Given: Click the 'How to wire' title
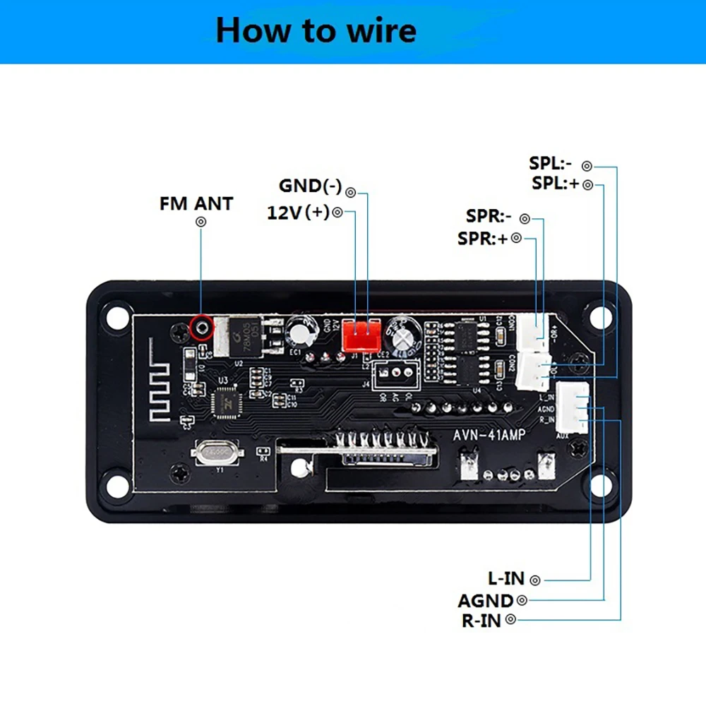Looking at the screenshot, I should tap(316, 31).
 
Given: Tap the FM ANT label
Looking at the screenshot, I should tap(196, 203).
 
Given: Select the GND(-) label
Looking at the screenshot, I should tap(311, 186).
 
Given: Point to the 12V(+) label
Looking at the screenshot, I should tap(298, 213).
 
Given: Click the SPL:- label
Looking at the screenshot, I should tap(551, 163).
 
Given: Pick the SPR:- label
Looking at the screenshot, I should tap(489, 216).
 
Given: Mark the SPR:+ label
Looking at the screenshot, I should tap(483, 239).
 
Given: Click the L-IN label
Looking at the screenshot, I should tap(506, 579).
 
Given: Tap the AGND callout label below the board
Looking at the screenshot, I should tap(486, 600).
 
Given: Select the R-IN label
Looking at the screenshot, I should tap(481, 621).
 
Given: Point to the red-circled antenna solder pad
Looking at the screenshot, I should tap(203, 327).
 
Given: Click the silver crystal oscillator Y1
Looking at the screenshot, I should tap(217, 451).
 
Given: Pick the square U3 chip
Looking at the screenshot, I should tap(229, 402).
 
